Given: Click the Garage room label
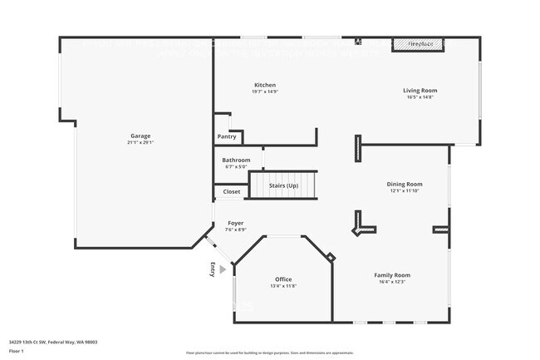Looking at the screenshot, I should (x=140, y=136).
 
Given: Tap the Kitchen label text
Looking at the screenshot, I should (x=265, y=85).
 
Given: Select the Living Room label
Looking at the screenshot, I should (x=420, y=91).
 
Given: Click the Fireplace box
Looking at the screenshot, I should (x=420, y=43).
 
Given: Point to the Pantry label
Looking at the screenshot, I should (x=227, y=136).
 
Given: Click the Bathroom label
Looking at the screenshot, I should (x=236, y=160).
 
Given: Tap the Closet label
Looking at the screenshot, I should (x=232, y=191).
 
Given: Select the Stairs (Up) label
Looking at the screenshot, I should (x=284, y=185).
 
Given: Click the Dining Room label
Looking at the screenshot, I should (x=405, y=184).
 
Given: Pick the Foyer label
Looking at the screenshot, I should (x=236, y=223).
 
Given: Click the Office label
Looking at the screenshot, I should (x=283, y=279).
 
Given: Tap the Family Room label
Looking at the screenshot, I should (x=392, y=274).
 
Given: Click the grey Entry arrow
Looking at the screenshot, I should (x=223, y=269).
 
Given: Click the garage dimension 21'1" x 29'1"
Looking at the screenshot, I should (x=140, y=142).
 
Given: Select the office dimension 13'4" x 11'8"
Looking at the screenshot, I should (x=283, y=285).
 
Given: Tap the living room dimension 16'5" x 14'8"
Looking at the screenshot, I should (x=420, y=97).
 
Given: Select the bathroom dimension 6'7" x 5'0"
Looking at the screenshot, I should (x=236, y=166).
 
